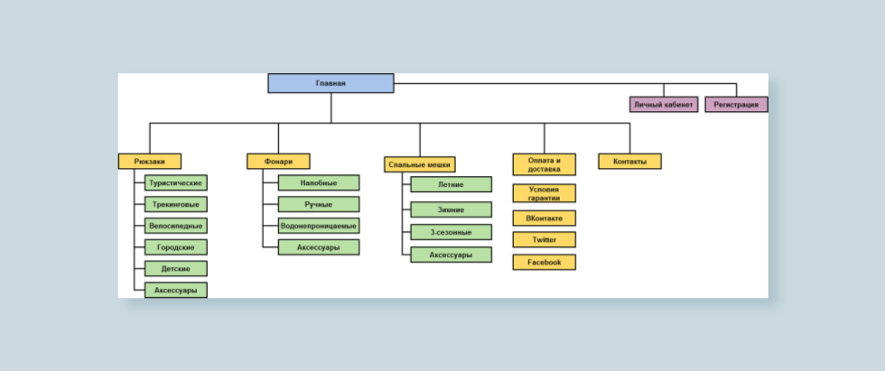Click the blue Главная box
(331, 83)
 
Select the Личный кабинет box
(664, 105)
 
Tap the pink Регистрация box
(736, 105)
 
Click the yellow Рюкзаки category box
(150, 162)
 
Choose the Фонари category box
(278, 162)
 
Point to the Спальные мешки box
(419, 164)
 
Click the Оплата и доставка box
(544, 164)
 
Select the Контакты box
(630, 162)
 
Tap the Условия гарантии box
(544, 193)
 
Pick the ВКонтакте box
(544, 218)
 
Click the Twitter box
(544, 239)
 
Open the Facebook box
(544, 262)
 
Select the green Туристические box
(175, 182)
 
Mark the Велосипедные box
(175, 226)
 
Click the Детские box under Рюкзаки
(175, 268)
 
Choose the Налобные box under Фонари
(319, 182)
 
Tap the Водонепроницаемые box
(319, 226)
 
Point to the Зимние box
(451, 209)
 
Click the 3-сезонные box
(451, 232)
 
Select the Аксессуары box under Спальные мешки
(451, 255)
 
